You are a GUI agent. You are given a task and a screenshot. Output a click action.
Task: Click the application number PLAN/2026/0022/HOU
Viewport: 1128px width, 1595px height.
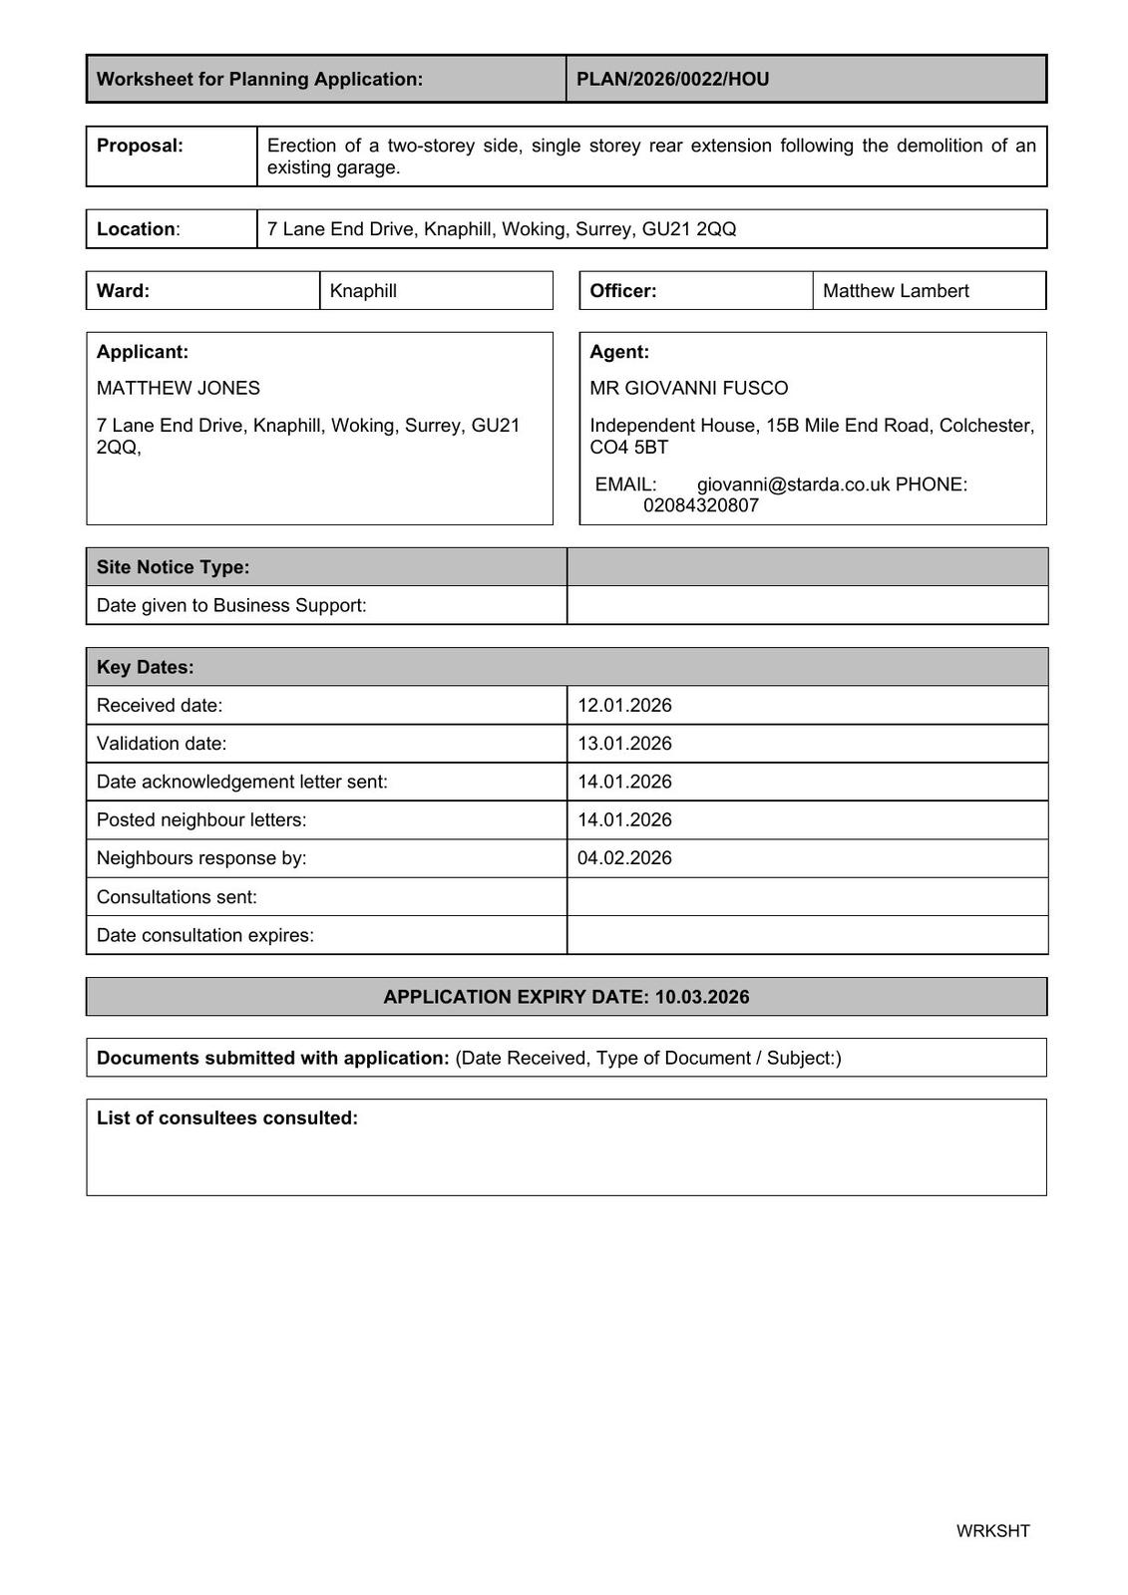coord(672,79)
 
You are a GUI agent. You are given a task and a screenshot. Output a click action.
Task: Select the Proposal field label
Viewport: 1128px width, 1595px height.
coord(140,146)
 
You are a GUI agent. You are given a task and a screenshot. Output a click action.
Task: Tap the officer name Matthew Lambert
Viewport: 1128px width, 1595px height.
coord(895,291)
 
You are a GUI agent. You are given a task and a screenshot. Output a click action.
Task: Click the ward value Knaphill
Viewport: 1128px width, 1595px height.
coord(363,291)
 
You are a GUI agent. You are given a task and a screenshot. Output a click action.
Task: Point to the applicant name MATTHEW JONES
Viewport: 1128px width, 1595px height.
coord(178,388)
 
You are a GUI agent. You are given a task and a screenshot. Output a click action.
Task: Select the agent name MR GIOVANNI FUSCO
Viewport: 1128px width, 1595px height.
coord(688,388)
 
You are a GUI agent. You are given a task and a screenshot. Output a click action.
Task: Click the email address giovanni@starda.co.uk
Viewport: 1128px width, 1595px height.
coord(793,484)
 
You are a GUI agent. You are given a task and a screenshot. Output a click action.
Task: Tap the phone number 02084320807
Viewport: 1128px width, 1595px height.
coord(700,505)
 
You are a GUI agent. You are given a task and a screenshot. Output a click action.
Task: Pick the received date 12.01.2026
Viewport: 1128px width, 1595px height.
coord(624,706)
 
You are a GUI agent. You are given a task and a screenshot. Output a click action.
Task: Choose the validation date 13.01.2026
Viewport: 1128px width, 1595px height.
coord(624,744)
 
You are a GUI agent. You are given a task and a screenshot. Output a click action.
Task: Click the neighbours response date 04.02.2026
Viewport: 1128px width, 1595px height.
coord(624,858)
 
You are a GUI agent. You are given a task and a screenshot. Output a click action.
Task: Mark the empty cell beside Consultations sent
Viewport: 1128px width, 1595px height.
coord(806,897)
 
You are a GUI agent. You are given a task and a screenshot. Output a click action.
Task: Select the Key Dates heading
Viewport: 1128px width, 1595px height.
coord(145,667)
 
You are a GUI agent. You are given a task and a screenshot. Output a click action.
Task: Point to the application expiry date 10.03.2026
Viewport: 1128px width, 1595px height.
coord(702,997)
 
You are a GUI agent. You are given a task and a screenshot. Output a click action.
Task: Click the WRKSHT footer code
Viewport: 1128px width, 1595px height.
coord(992,1531)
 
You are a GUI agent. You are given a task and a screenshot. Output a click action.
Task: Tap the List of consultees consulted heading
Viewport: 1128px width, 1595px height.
coord(226,1118)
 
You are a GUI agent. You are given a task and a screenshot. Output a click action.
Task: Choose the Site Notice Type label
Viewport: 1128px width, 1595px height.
coord(173,567)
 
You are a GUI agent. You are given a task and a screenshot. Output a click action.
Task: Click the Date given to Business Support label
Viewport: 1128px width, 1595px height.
coord(231,605)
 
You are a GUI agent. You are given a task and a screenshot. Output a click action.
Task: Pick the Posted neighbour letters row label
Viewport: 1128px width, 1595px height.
coord(201,820)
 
